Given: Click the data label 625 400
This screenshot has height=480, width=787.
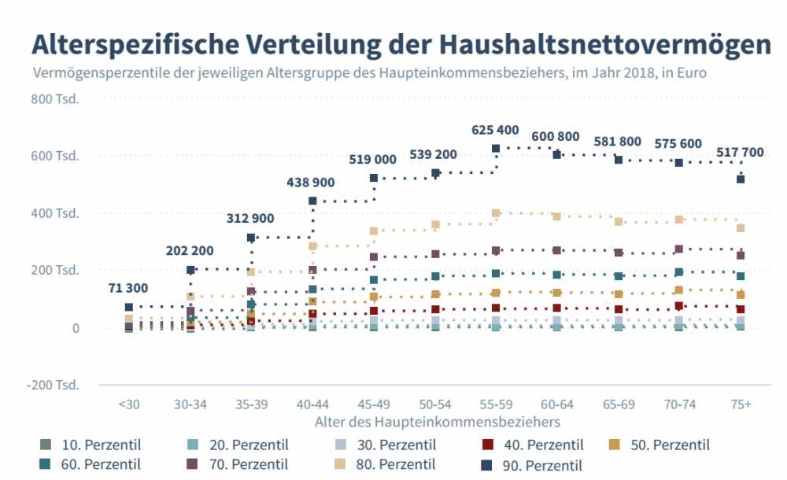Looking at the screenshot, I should click(x=495, y=130).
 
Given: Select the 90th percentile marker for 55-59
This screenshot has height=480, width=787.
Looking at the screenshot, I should click(x=496, y=148).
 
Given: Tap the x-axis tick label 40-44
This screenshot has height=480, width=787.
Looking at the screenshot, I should click(x=312, y=404).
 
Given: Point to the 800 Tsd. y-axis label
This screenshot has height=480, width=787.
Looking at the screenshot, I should click(x=54, y=99).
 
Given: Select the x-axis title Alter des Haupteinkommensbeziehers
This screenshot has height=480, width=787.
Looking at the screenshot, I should click(x=433, y=423).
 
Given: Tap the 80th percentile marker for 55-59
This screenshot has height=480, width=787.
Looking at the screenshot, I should click(x=496, y=213).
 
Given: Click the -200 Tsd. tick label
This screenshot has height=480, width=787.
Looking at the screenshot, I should click(x=53, y=386).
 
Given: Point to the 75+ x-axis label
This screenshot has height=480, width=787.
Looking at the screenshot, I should click(x=741, y=404).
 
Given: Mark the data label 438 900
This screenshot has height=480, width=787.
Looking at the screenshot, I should click(x=311, y=183).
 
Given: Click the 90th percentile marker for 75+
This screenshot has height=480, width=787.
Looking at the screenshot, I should click(x=741, y=179).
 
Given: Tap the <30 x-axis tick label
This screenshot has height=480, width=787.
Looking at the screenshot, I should click(x=129, y=404).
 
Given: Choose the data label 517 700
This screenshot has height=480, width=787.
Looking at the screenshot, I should click(x=740, y=152).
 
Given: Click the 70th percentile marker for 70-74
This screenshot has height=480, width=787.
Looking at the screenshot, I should click(x=679, y=249).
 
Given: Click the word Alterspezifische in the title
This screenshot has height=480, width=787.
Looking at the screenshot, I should click(x=132, y=42).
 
